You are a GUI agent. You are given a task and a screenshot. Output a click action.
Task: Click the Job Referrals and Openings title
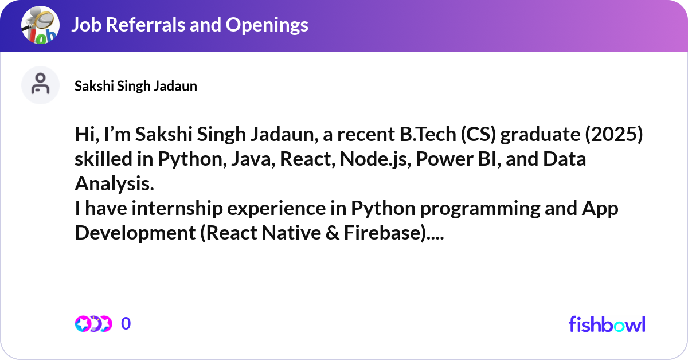[189, 24]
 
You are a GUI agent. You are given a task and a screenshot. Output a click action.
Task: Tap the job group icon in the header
[40, 25]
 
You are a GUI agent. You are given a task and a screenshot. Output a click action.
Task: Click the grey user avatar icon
[40, 85]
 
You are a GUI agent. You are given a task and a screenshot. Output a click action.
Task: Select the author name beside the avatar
[136, 86]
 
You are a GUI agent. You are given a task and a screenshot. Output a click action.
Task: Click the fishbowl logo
[607, 324]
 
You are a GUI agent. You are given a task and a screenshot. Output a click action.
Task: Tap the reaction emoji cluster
[93, 324]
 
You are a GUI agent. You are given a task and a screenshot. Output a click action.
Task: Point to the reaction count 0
[126, 324]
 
